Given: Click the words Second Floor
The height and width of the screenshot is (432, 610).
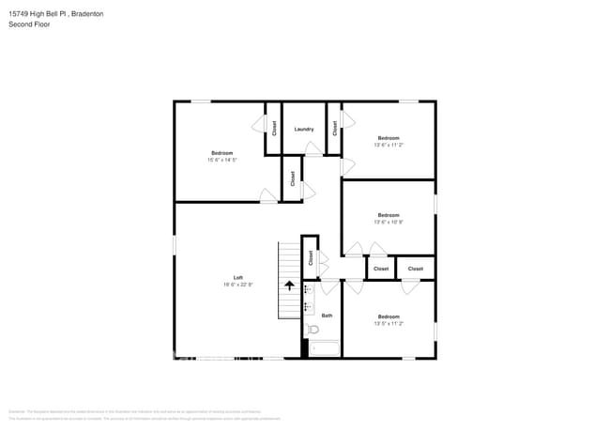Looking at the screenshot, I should (x=29, y=24).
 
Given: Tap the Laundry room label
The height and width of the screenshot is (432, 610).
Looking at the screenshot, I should (x=303, y=129).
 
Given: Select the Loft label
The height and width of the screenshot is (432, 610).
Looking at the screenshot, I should (x=238, y=277).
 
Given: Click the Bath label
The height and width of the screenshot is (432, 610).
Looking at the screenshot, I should (x=327, y=316).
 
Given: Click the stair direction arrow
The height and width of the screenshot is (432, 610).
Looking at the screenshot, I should (x=289, y=285).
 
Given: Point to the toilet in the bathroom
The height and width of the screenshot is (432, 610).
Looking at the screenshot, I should (x=313, y=329).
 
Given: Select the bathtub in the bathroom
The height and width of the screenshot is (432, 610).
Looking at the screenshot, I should (x=325, y=349).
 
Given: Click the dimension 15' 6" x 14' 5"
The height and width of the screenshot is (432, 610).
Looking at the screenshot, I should (x=222, y=160).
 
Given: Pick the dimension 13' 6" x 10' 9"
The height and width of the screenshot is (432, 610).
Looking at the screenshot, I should (x=389, y=222).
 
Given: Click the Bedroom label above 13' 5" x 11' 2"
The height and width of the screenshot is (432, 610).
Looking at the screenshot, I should (x=389, y=316).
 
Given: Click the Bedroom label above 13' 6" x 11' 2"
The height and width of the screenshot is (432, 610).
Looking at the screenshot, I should (x=389, y=138).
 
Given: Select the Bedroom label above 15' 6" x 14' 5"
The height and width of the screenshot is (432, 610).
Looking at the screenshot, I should (x=222, y=153).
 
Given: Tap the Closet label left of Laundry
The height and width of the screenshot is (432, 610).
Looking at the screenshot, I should (x=274, y=129).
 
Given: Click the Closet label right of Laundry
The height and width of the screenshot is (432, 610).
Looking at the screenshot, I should (x=334, y=129).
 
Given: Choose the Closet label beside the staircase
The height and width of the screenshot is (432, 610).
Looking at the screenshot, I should (x=311, y=257).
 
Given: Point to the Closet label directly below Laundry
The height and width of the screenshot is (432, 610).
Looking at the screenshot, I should (x=293, y=177).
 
